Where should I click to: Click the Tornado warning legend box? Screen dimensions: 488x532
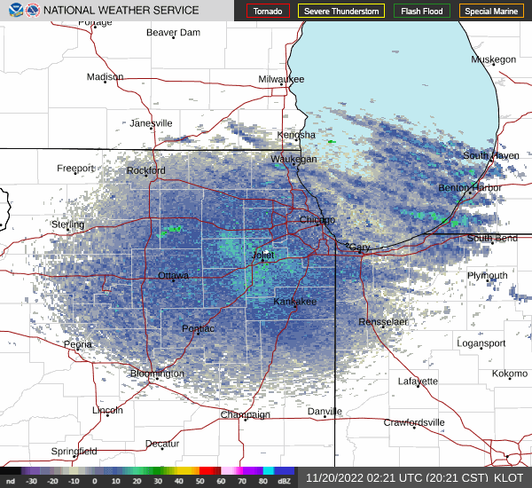[x=267, y=12]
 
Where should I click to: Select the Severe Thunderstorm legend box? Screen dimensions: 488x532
[x=341, y=12]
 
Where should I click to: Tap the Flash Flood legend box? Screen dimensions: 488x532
[x=421, y=12]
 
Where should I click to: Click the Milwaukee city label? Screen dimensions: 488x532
[x=281, y=79]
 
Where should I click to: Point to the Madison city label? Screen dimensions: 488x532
[x=106, y=77]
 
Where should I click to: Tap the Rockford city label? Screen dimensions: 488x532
[x=146, y=170]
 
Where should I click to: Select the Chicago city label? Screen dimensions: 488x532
[x=317, y=220]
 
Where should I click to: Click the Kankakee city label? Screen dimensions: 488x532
[x=294, y=302]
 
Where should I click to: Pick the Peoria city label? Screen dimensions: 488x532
[x=78, y=344]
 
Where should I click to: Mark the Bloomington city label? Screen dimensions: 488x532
[x=157, y=374]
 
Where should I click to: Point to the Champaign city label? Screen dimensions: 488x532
[x=245, y=414]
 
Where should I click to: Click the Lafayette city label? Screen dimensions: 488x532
[x=418, y=382]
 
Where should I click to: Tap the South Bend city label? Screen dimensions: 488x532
[x=492, y=239]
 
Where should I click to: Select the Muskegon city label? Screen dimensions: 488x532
[x=493, y=59]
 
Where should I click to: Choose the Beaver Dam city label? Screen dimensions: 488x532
[x=174, y=33]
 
